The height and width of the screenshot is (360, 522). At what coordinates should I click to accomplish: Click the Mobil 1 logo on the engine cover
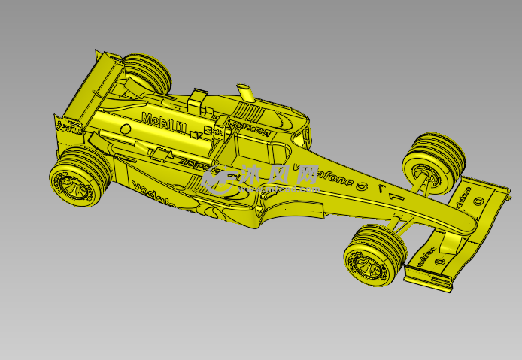(x=162, y=121)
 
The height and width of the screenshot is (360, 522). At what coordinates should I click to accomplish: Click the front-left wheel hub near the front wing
(x=368, y=263)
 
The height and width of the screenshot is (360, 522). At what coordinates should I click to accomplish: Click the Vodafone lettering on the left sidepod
(x=153, y=195)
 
